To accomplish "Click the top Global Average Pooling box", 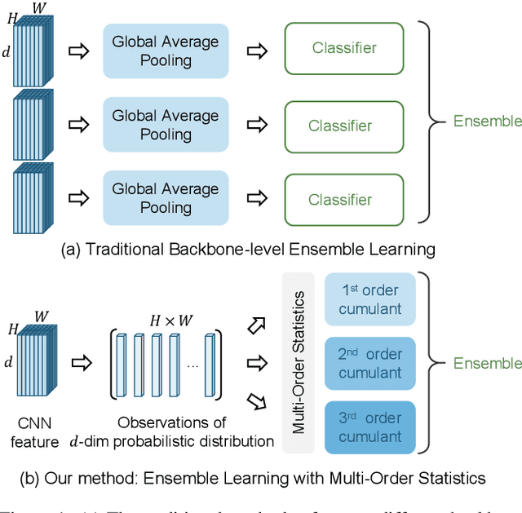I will point(166,51).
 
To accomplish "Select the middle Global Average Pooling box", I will point(166,125).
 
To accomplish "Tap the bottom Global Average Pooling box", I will point(166,198).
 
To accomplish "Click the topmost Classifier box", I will point(344,49).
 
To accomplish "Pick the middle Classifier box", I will point(344,126).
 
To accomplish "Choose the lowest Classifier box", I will point(344,199).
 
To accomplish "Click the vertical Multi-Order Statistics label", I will point(299,363).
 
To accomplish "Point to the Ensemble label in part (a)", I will point(487,122).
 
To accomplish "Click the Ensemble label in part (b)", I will point(487,363).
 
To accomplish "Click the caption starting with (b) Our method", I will point(261,477).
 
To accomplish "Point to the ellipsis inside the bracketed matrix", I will point(192,365).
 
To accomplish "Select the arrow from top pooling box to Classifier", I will point(257,51).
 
